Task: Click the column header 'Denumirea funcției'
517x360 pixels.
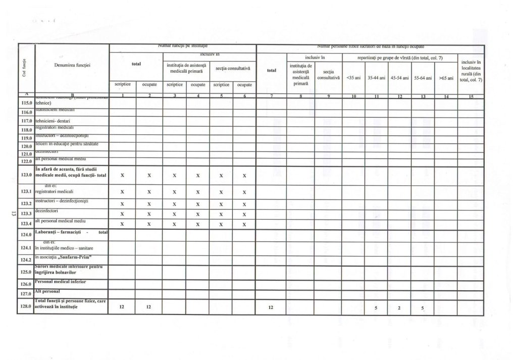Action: [71, 65]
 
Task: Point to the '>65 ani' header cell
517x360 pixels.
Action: [446, 78]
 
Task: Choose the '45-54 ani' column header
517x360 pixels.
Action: [399, 78]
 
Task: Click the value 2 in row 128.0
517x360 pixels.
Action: [399, 307]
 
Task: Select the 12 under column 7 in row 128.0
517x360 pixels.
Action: [271, 307]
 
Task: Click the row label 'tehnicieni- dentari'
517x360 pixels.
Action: [53, 121]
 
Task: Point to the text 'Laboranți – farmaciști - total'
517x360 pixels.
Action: [71, 232]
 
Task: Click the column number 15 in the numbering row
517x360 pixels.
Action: [471, 96]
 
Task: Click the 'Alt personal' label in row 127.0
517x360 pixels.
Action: [47, 291]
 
